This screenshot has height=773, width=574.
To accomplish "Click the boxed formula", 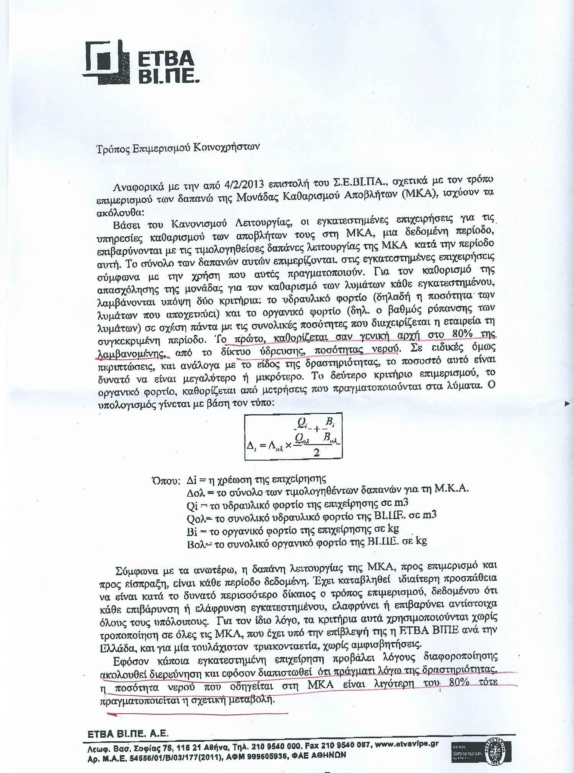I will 294,435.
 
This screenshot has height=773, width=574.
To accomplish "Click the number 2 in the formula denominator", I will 316,452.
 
